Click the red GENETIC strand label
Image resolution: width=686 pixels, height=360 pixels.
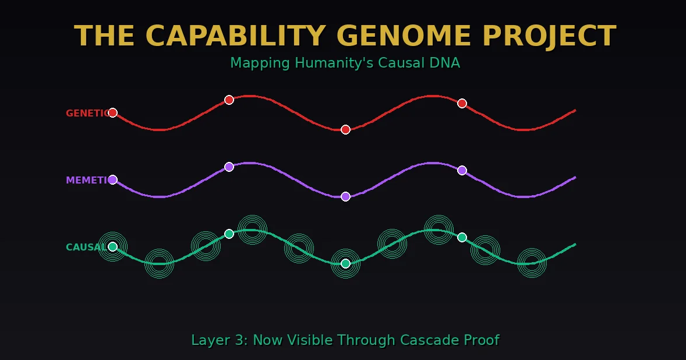coord(87,113)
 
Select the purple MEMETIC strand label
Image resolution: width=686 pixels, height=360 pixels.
coord(87,180)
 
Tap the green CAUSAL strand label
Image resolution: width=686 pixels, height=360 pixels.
coord(85,247)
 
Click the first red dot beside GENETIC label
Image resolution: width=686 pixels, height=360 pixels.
coord(112,112)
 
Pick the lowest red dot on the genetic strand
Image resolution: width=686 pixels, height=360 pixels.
coord(345,129)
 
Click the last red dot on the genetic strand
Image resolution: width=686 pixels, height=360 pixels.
coord(462,103)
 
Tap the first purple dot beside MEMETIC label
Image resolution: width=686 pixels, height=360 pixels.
coord(112,179)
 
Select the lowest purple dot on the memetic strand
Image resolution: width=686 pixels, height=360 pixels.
coord(345,196)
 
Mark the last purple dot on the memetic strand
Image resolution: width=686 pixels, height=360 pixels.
coord(462,170)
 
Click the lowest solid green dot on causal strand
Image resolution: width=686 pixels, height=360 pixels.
coord(345,263)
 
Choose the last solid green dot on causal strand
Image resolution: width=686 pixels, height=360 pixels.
coord(462,237)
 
